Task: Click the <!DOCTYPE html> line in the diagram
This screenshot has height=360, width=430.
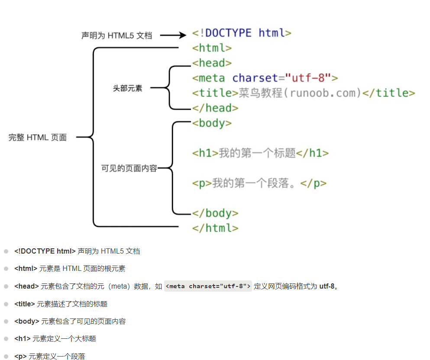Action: pos(242,33)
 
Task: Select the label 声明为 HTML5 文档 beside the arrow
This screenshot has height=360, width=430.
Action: pos(116,35)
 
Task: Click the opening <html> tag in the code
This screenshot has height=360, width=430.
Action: pos(212,48)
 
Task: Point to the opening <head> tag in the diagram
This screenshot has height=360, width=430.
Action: pos(212,63)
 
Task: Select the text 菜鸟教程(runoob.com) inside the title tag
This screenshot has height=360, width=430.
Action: pos(300,93)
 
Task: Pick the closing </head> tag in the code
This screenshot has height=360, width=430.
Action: pos(215,108)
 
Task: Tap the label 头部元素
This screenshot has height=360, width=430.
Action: pos(127,88)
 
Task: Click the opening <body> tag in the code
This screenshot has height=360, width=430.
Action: pos(212,123)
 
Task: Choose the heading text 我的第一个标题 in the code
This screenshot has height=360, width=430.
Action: pos(257,153)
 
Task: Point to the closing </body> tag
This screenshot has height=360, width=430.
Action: pos(215,213)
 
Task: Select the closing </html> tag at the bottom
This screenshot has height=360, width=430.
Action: pos(215,228)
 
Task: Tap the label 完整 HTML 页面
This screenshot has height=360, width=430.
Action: pos(38,138)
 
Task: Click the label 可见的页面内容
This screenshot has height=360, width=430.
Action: pos(129,168)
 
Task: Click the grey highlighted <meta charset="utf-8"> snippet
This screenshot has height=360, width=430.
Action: pos(208,286)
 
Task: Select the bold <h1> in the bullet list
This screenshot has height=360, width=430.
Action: pos(23,339)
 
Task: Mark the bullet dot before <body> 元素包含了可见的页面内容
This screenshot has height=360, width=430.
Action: pos(6,321)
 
